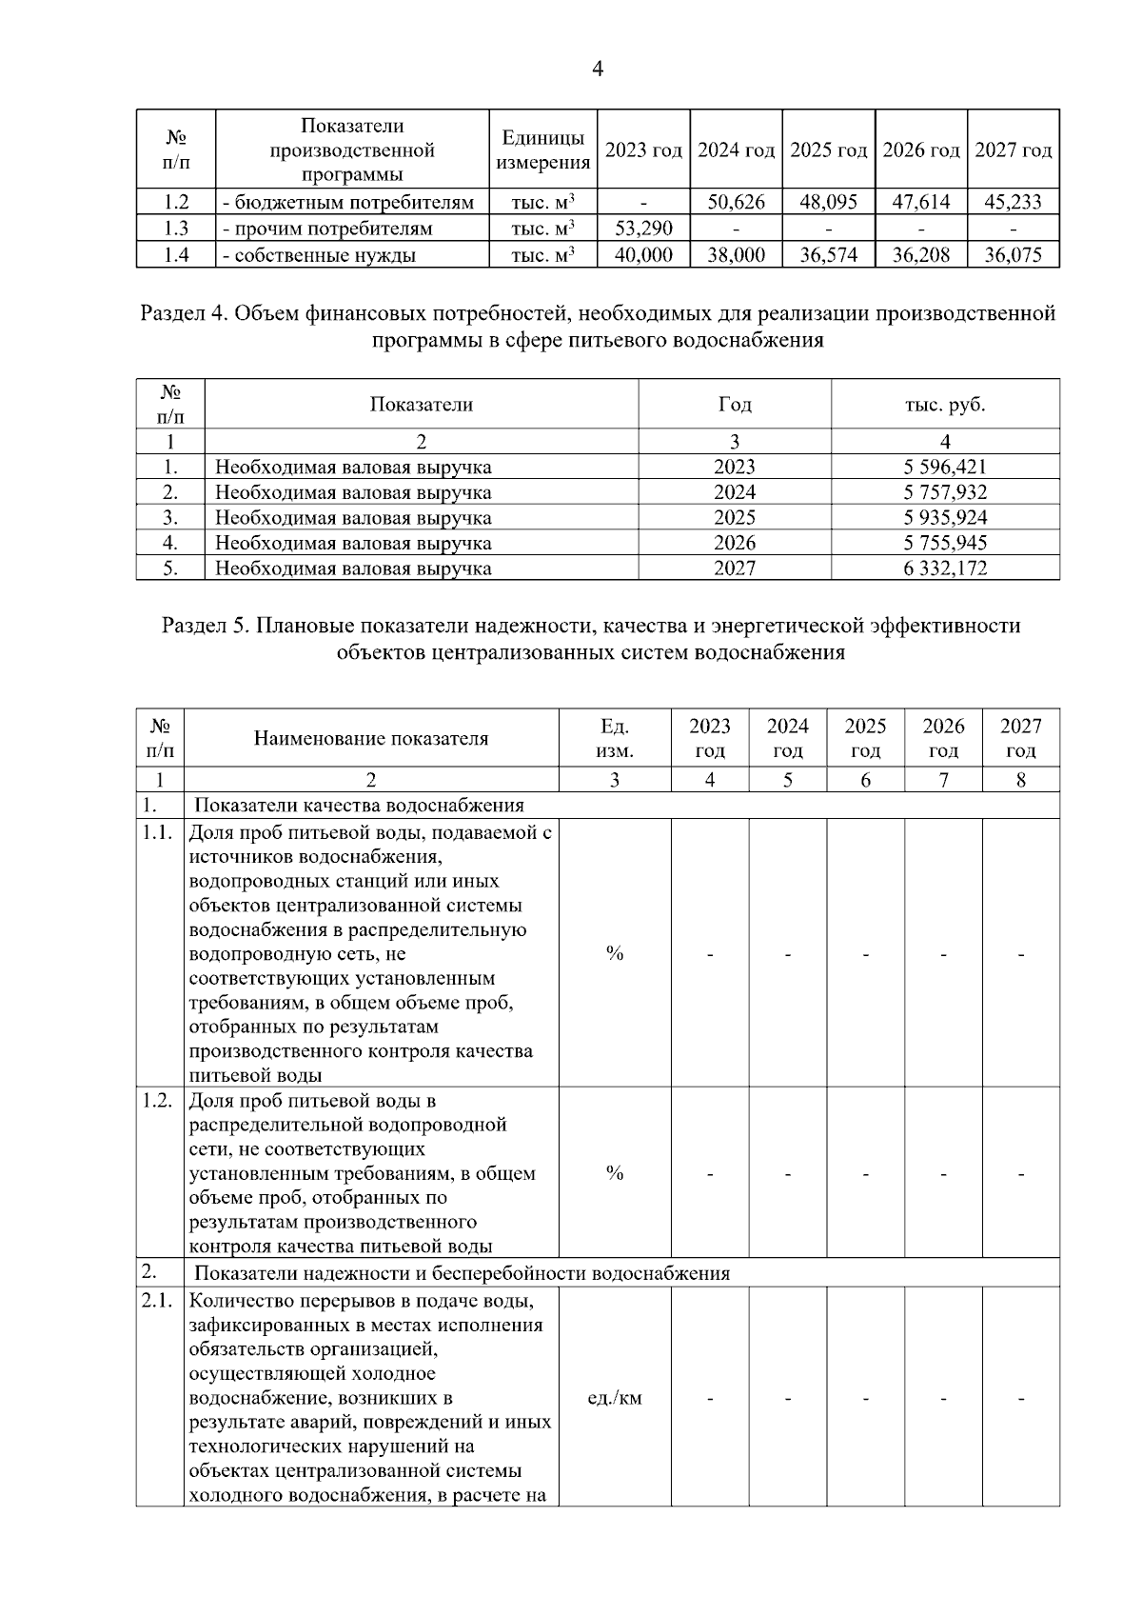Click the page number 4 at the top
tap(598, 69)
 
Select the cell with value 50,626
tap(736, 202)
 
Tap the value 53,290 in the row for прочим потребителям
tap(643, 229)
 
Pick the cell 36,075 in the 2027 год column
tap(1013, 255)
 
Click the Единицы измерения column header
tap(543, 150)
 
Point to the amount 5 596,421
tap(944, 467)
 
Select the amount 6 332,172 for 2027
tap(944, 569)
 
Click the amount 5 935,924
tap(944, 518)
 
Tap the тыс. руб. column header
tap(944, 405)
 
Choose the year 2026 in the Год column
tap(734, 543)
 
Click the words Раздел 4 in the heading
tap(183, 314)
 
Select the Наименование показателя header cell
tap(370, 739)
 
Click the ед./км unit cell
tap(615, 1399)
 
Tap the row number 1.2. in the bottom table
tap(157, 1102)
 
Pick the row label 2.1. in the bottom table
tap(157, 1302)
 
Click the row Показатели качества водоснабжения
tap(360, 806)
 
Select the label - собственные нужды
tap(319, 255)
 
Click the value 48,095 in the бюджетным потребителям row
tap(828, 202)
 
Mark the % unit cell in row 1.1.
tap(615, 953)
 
